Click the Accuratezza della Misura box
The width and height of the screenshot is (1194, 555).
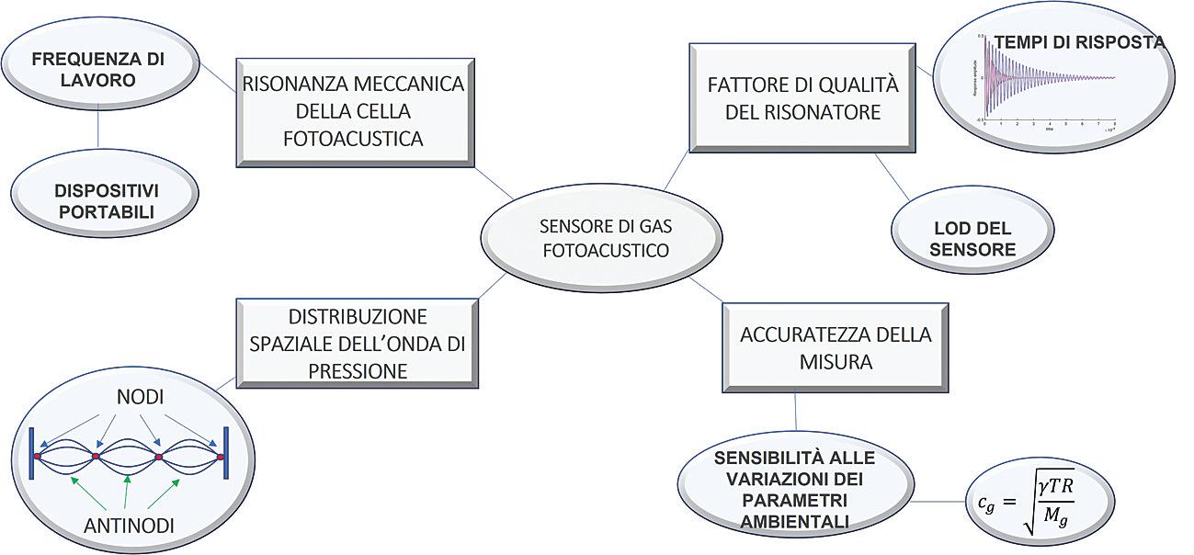click(835, 347)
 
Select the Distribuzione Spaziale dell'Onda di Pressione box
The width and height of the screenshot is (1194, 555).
click(358, 343)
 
